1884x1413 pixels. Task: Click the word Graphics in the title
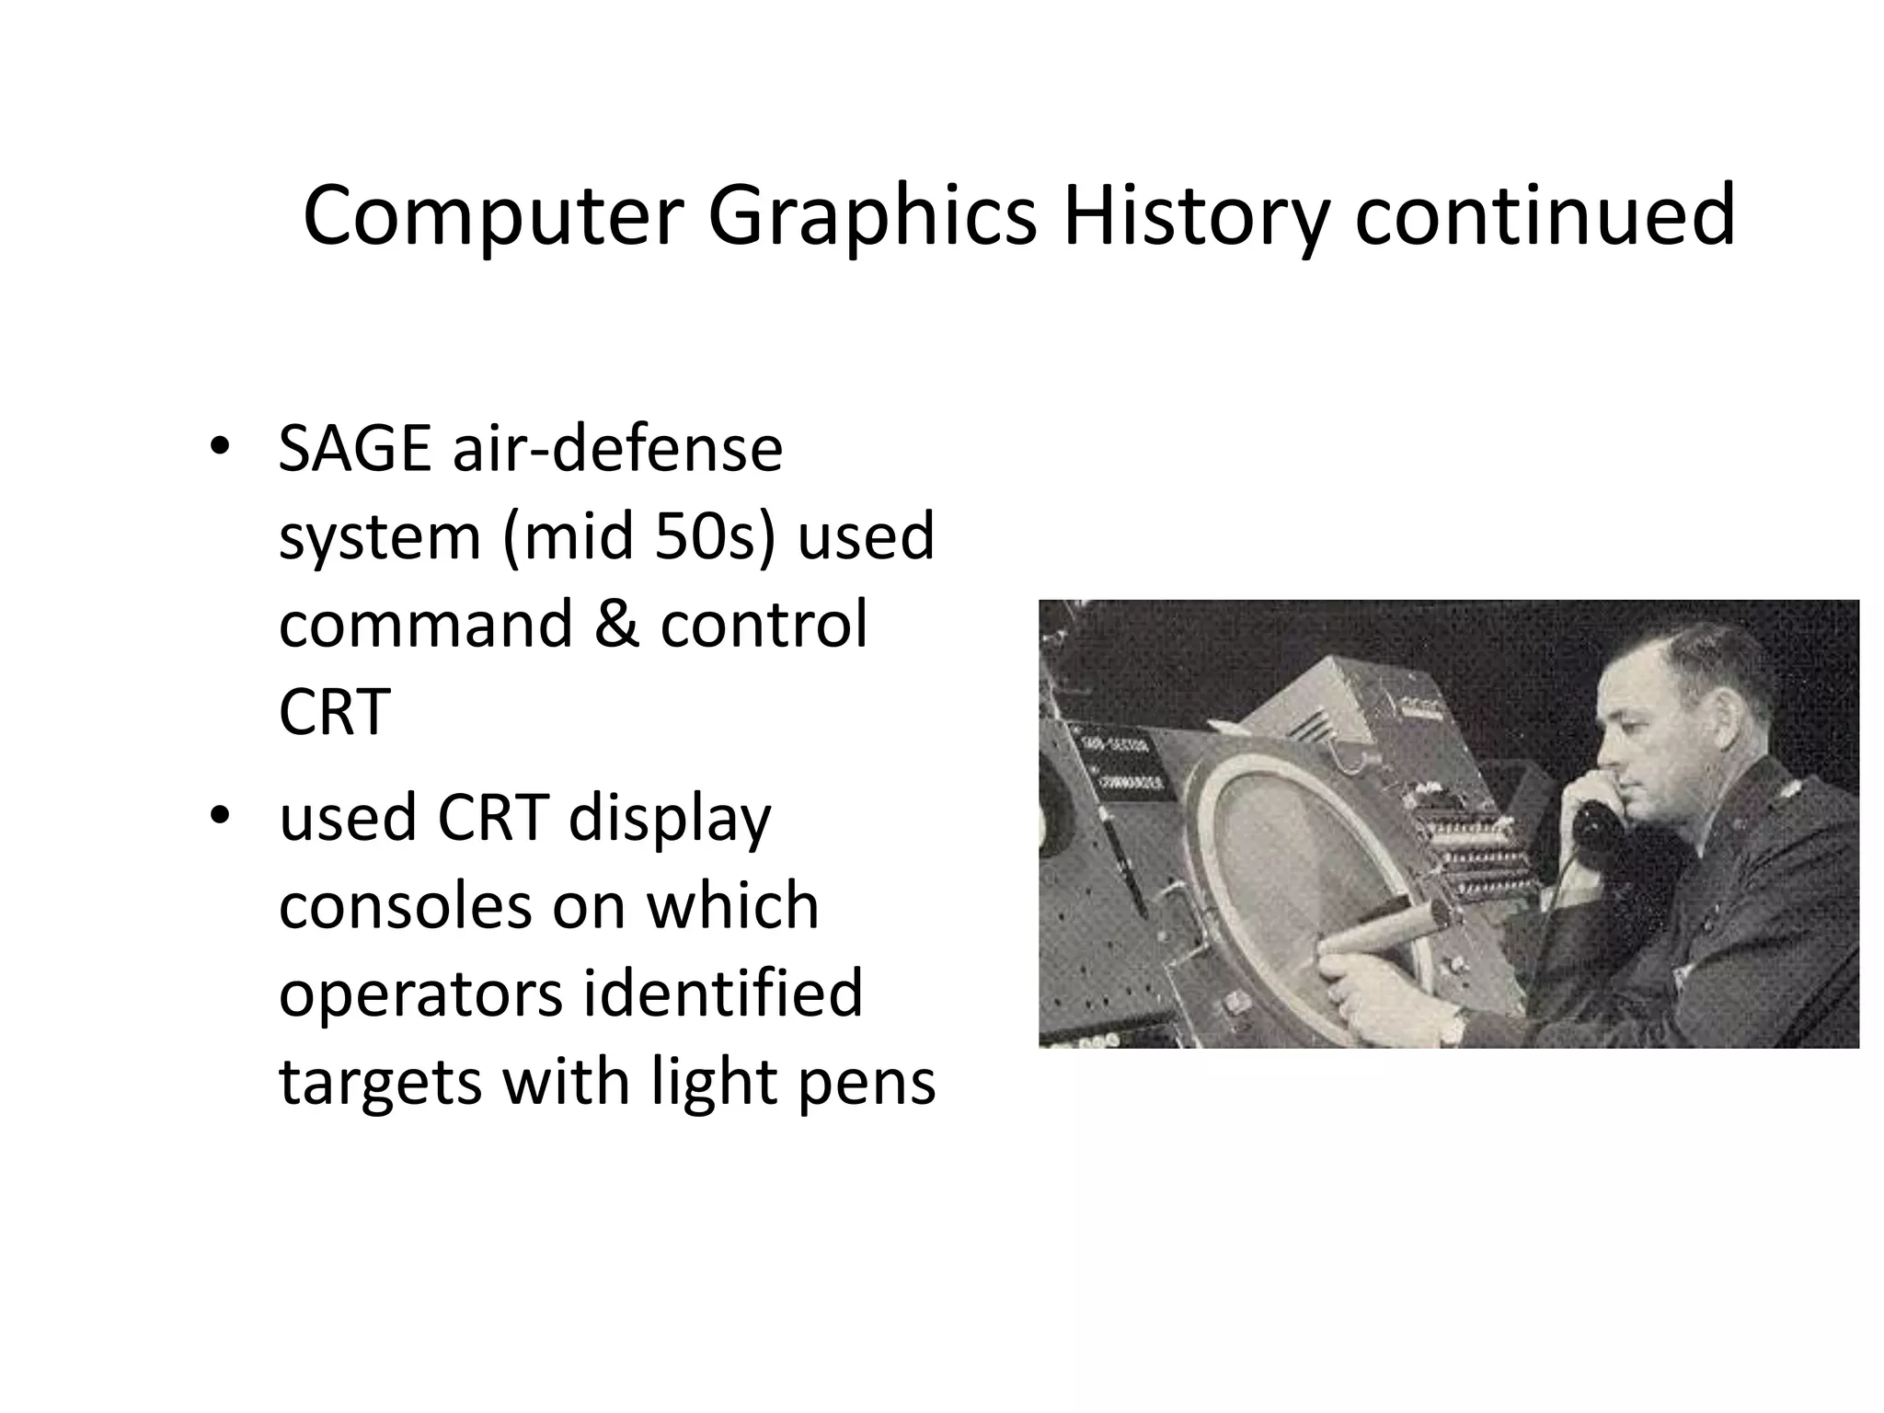pos(870,217)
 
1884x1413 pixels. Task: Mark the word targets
pos(380,1082)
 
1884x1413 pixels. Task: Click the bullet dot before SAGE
pos(218,447)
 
